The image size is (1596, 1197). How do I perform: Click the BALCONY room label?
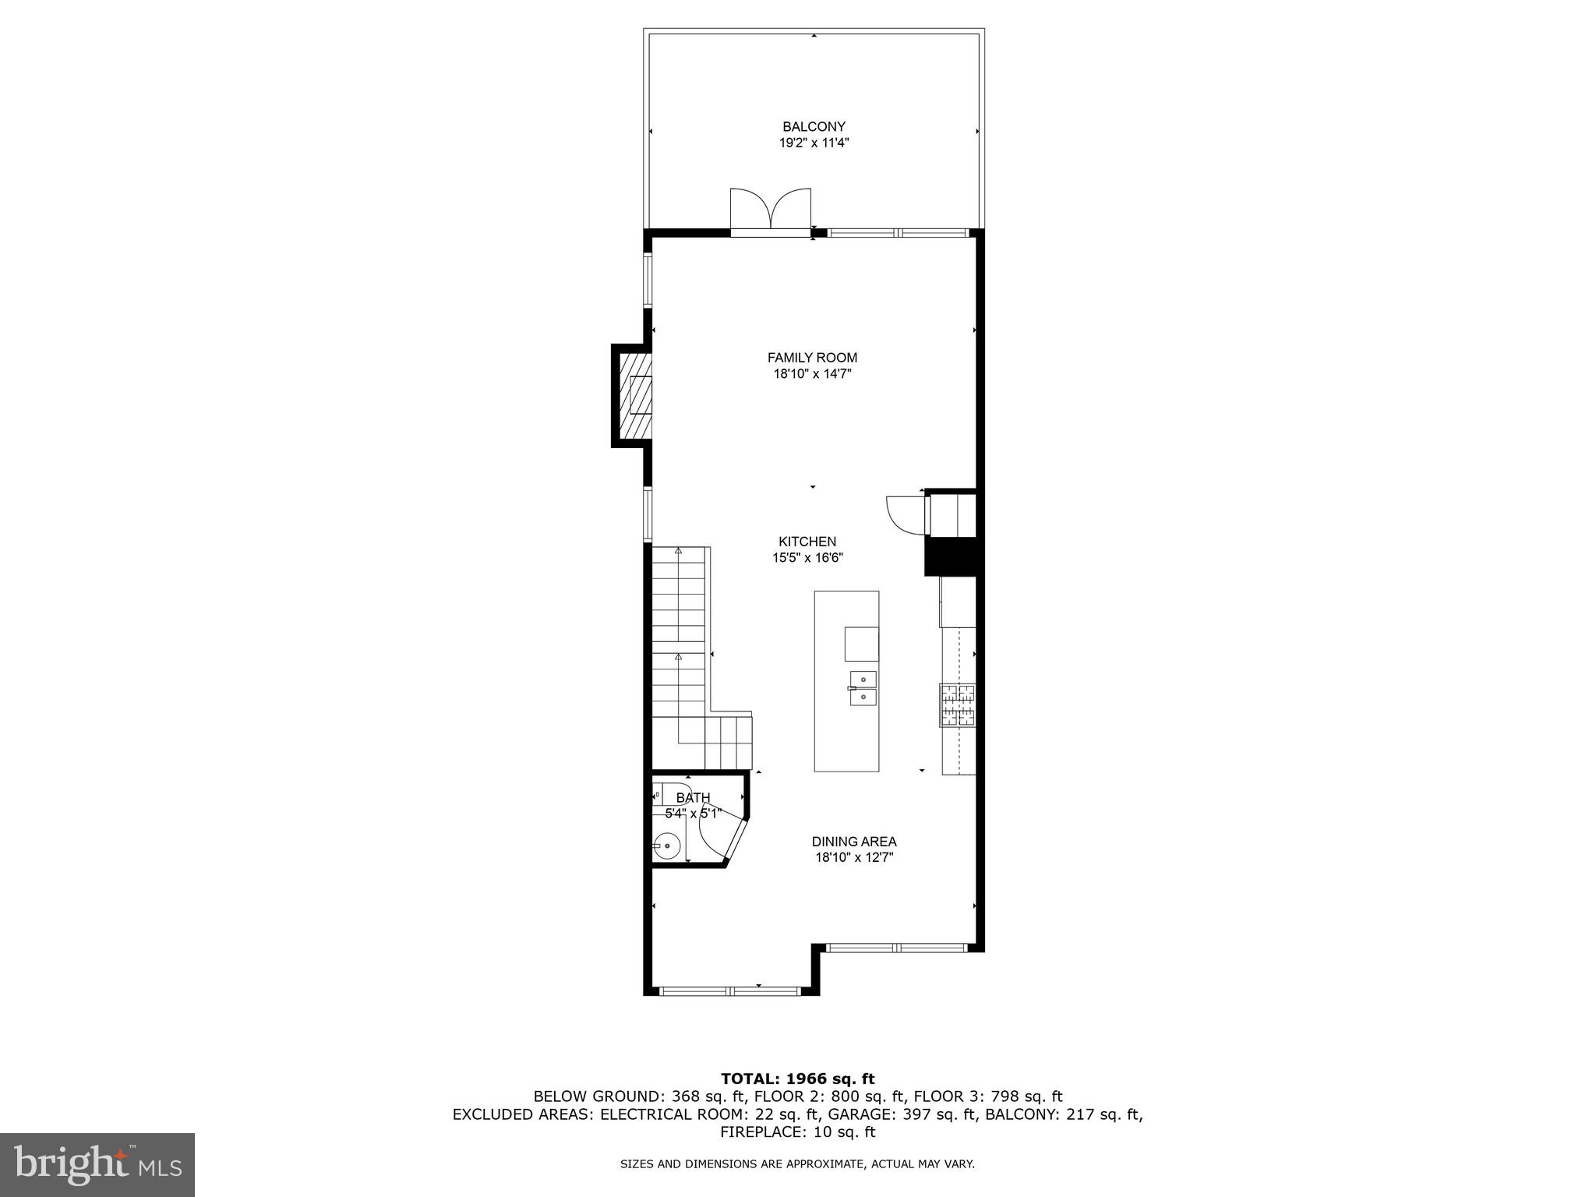point(814,126)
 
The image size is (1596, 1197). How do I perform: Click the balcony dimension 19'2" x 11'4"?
point(814,143)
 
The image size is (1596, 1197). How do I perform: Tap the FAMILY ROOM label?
point(812,358)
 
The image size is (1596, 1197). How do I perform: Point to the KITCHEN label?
point(807,542)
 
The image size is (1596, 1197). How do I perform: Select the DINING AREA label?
point(854,842)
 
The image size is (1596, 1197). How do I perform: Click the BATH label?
point(693,797)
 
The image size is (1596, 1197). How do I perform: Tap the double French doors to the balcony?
point(771,211)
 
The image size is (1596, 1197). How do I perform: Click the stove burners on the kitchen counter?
point(958,705)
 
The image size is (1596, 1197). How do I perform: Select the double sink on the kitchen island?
point(863,688)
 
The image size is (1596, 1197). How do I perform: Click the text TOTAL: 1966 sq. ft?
point(797,1079)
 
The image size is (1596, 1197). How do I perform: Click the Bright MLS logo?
point(97,1165)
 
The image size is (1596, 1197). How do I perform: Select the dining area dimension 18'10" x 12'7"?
point(854,858)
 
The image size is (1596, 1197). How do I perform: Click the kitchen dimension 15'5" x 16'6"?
point(807,558)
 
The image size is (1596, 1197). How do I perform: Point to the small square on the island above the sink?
point(861,644)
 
